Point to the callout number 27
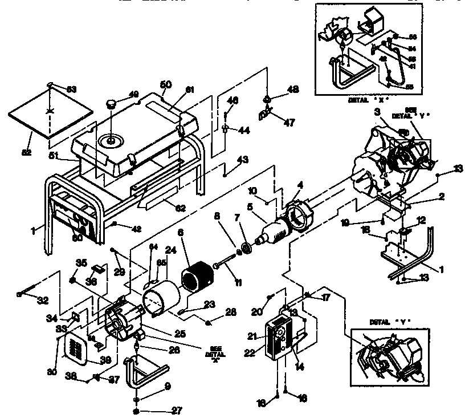pos(162,409)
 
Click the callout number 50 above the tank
pos(166,85)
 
